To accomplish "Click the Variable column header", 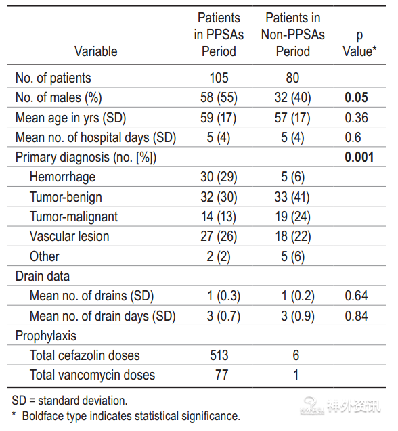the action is [x=95, y=51].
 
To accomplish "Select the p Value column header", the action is [x=359, y=43].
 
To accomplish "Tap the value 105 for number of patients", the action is [x=219, y=78].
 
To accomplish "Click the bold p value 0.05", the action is [x=356, y=97].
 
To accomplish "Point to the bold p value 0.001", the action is [x=359, y=157].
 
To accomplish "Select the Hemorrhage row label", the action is [x=62, y=177].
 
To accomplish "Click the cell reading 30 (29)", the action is [x=219, y=177].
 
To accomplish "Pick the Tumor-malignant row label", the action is [x=74, y=217].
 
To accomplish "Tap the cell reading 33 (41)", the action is [x=292, y=197].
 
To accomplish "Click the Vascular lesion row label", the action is [x=69, y=236].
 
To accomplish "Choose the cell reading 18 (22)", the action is [x=293, y=236].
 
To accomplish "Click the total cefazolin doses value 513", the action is [x=219, y=355].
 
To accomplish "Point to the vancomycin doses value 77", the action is [x=222, y=375].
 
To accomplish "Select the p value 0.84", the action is [x=356, y=316].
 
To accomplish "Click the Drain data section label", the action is [x=43, y=276].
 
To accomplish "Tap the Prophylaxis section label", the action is [x=45, y=336].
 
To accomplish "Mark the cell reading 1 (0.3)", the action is [x=223, y=296].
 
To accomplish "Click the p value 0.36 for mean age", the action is [x=356, y=118].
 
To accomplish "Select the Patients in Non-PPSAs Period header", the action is [x=293, y=35].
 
